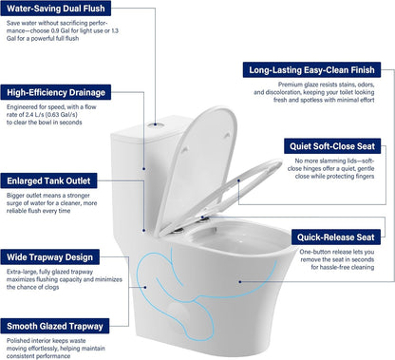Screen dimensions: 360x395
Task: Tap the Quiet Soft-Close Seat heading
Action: pos(334,145)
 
